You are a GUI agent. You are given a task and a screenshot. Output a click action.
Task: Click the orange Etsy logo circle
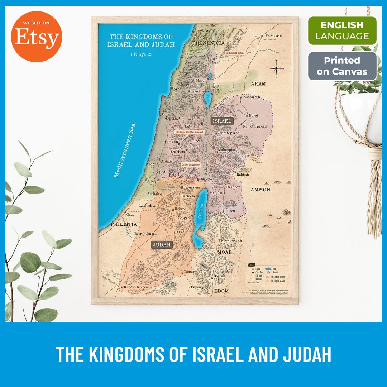point(37,37)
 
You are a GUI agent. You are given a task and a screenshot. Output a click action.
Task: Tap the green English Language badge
point(342,30)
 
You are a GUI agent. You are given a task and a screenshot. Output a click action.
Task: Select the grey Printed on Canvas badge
point(342,66)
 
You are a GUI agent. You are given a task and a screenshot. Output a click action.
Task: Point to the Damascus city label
point(274,36)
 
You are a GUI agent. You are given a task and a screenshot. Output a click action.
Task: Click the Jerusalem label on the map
point(192,187)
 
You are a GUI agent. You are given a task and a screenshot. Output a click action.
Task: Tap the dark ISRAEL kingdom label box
point(222,121)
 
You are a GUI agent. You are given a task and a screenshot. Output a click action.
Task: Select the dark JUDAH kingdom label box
point(162,245)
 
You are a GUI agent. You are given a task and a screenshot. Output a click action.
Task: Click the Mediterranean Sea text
point(125,150)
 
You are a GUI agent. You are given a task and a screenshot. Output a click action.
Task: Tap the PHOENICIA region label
point(208,43)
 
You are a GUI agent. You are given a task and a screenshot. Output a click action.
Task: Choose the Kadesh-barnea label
point(136,287)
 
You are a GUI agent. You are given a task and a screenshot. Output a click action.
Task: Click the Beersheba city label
point(143,234)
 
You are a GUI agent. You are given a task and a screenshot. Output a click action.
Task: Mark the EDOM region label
point(221,291)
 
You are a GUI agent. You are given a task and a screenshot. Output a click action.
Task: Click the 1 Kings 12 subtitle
point(141,55)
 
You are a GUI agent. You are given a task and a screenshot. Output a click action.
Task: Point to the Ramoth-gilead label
point(254,126)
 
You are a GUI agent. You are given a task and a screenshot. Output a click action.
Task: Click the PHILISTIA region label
point(123,224)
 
